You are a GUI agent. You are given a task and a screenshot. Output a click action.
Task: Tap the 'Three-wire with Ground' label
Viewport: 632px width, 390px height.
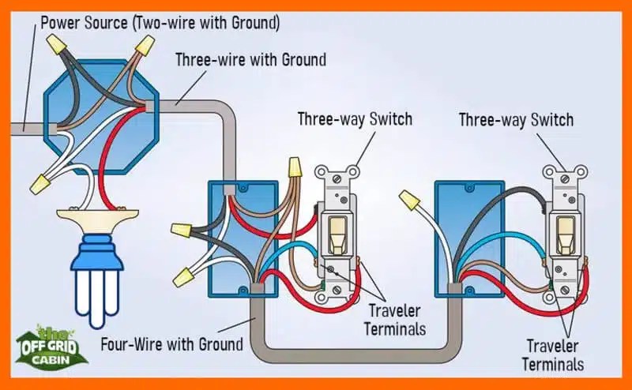click(250, 59)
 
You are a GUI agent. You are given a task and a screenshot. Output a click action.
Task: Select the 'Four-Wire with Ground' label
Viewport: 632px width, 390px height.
click(171, 344)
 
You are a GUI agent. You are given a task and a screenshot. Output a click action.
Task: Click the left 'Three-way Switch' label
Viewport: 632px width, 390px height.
click(355, 120)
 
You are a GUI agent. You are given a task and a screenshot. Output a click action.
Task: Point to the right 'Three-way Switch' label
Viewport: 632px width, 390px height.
click(516, 120)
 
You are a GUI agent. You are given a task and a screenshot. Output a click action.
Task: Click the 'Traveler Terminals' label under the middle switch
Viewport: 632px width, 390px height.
click(395, 320)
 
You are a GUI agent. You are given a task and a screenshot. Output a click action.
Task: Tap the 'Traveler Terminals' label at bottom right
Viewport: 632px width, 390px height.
click(556, 354)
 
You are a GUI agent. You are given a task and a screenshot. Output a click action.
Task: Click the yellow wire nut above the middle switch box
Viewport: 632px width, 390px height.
click(295, 167)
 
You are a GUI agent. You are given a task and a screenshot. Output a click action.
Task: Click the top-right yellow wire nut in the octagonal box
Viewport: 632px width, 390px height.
click(144, 47)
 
